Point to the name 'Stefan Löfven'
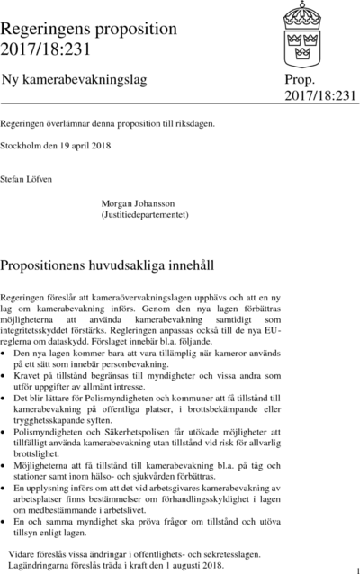28,180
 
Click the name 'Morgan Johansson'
143,206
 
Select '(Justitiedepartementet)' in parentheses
144,217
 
